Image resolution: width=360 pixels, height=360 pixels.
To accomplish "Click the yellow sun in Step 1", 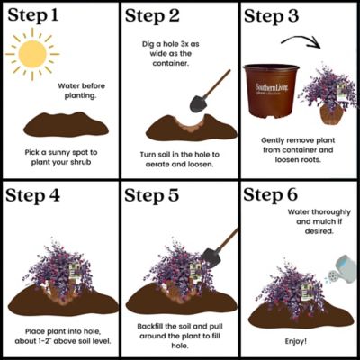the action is click(x=32, y=54).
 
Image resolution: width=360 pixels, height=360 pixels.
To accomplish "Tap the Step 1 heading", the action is click(x=33, y=15).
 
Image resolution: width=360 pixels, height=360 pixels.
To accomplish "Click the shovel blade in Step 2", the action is click(x=198, y=103).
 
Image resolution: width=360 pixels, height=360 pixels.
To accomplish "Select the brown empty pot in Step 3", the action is click(x=271, y=91).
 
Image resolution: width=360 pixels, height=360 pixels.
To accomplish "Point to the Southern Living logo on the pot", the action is click(x=272, y=88).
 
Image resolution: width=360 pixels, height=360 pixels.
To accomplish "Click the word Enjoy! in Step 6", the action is click(x=296, y=341).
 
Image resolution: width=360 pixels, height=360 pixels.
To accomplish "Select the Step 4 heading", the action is click(x=33, y=195).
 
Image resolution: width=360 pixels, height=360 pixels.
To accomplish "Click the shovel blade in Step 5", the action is click(x=211, y=257).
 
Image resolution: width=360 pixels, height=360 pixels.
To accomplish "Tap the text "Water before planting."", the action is click(x=81, y=91).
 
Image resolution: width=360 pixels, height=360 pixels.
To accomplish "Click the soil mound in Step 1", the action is click(x=66, y=124).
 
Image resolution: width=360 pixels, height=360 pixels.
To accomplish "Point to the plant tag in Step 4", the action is click(x=75, y=273).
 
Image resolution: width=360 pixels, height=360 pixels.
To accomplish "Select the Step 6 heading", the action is click(x=270, y=194).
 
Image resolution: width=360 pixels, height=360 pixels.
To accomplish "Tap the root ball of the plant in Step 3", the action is click(x=331, y=114).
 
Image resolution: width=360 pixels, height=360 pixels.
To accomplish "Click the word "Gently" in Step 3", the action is click(x=273, y=140).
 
